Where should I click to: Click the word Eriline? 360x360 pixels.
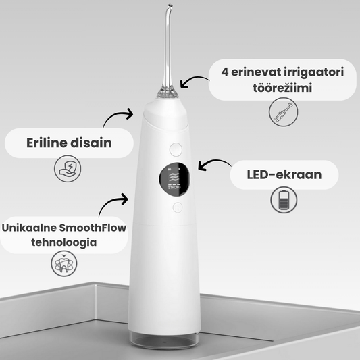47,143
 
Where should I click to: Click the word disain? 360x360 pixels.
91,143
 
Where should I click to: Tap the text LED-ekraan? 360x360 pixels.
284,175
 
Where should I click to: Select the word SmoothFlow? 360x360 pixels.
93,228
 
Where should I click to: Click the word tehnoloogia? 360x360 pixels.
63,242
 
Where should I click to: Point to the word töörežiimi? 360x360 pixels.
282,88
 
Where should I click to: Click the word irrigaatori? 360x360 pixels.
314,72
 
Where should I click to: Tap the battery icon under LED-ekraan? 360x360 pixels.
284,200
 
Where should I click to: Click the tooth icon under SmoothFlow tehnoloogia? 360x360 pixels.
64,263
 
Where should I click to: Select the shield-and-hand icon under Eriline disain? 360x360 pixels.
68,169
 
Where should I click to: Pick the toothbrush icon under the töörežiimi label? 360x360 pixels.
283,112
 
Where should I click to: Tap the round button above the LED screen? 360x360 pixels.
176,149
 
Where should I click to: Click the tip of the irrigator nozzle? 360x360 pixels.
170,5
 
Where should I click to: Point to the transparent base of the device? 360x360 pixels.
163,340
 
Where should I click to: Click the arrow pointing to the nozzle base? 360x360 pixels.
194,79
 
